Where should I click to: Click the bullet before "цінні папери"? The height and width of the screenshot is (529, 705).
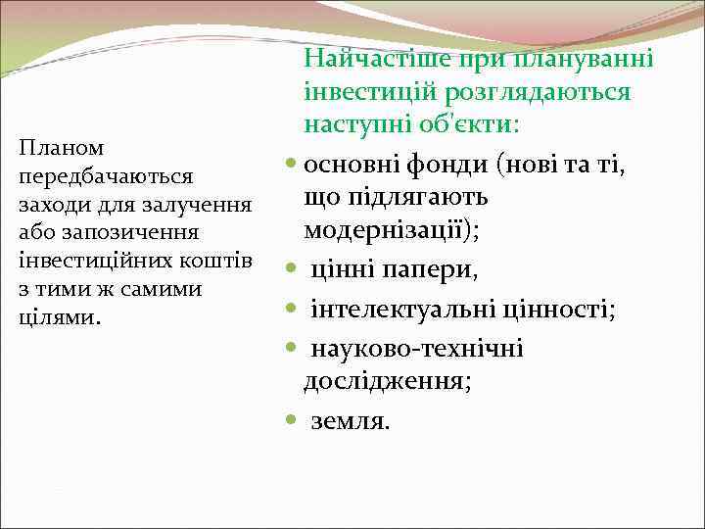[292, 268]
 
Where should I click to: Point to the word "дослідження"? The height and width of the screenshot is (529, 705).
[386, 383]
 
